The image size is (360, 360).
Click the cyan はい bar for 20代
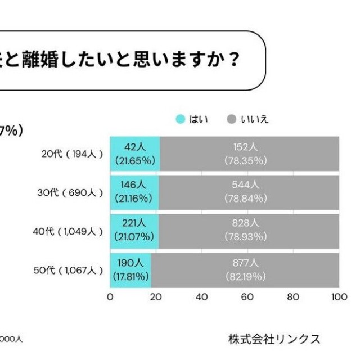pyautogui.click(x=135, y=154)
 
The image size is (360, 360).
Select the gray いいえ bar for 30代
pyautogui.click(x=249, y=192)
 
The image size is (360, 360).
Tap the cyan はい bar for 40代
pyautogui.click(x=134, y=231)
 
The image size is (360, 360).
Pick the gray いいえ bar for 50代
pyautogui.click(x=245, y=269)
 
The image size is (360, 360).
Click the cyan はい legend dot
pyautogui.click(x=181, y=119)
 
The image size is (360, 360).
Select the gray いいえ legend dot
pyautogui.click(x=231, y=119)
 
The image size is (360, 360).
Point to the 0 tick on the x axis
pyautogui.click(x=110, y=297)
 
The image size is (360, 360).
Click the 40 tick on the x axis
pyautogui.click(x=201, y=297)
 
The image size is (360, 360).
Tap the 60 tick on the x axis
pyautogui.click(x=247, y=297)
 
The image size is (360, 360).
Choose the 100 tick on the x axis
pyautogui.click(x=339, y=297)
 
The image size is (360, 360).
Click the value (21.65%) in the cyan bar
pyautogui.click(x=134, y=160)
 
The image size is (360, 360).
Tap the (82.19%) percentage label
pyautogui.click(x=245, y=276)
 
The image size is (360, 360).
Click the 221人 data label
pyautogui.click(x=134, y=224)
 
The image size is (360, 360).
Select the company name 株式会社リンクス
pyautogui.click(x=274, y=339)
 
